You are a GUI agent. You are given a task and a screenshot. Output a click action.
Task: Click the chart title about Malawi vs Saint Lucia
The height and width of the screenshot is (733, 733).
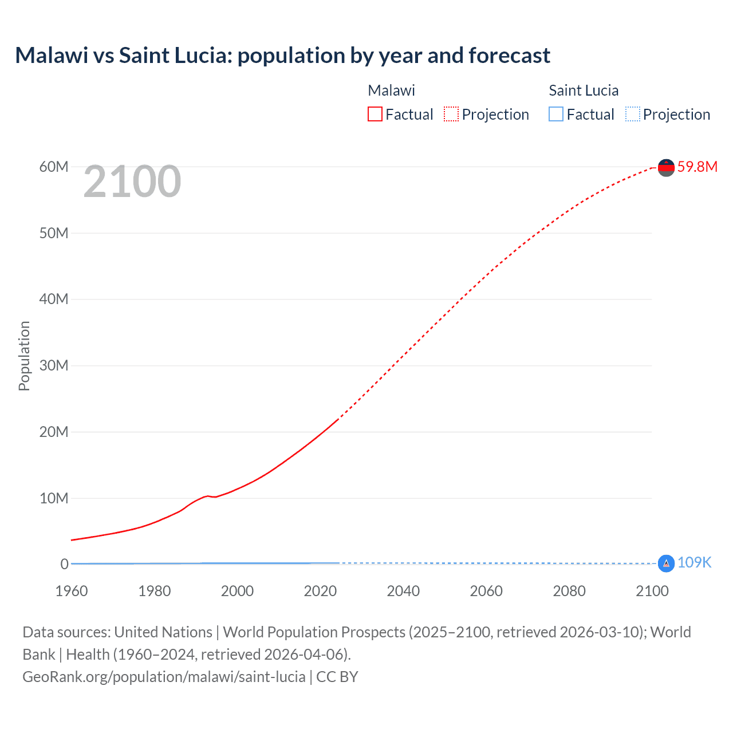tap(282, 56)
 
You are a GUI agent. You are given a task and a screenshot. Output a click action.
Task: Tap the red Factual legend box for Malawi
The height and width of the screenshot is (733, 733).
tap(375, 114)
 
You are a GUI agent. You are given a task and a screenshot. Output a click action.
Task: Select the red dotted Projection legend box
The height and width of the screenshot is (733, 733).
tap(451, 114)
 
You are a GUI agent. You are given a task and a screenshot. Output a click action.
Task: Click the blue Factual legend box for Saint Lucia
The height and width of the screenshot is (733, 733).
tap(556, 114)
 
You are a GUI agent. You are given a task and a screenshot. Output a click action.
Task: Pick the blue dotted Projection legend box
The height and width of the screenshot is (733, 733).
tap(632, 114)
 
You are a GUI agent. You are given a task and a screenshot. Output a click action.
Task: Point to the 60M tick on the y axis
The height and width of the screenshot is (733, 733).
tap(54, 167)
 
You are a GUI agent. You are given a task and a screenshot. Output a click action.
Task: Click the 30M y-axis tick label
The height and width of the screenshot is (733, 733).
tap(54, 365)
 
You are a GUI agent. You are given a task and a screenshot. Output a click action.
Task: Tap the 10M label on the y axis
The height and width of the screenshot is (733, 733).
tap(54, 498)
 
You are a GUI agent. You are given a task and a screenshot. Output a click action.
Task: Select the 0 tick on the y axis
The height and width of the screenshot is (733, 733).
tap(64, 564)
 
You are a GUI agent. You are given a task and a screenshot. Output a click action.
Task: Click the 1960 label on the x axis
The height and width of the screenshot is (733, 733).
tap(72, 591)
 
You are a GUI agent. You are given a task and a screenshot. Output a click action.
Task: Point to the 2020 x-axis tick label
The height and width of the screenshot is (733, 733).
tap(320, 591)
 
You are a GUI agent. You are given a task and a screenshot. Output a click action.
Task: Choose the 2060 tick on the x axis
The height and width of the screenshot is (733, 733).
tap(486, 591)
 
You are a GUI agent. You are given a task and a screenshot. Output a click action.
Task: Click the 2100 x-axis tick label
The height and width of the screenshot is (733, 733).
tap(652, 591)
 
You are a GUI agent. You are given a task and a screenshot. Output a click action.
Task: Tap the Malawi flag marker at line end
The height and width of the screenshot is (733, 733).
tap(666, 167)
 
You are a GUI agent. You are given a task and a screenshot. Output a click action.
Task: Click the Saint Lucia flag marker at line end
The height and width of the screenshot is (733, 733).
tap(666, 563)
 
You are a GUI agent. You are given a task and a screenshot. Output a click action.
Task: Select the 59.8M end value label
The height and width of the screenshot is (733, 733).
tap(697, 167)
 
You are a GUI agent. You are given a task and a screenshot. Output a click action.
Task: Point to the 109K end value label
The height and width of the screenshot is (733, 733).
tap(694, 563)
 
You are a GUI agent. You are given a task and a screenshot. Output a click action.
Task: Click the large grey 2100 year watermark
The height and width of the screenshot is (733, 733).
tap(132, 182)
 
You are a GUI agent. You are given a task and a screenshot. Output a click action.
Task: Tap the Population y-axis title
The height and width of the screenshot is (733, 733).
tap(24, 356)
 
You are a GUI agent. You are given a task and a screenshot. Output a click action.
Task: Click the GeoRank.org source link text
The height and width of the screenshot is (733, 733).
tap(164, 676)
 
